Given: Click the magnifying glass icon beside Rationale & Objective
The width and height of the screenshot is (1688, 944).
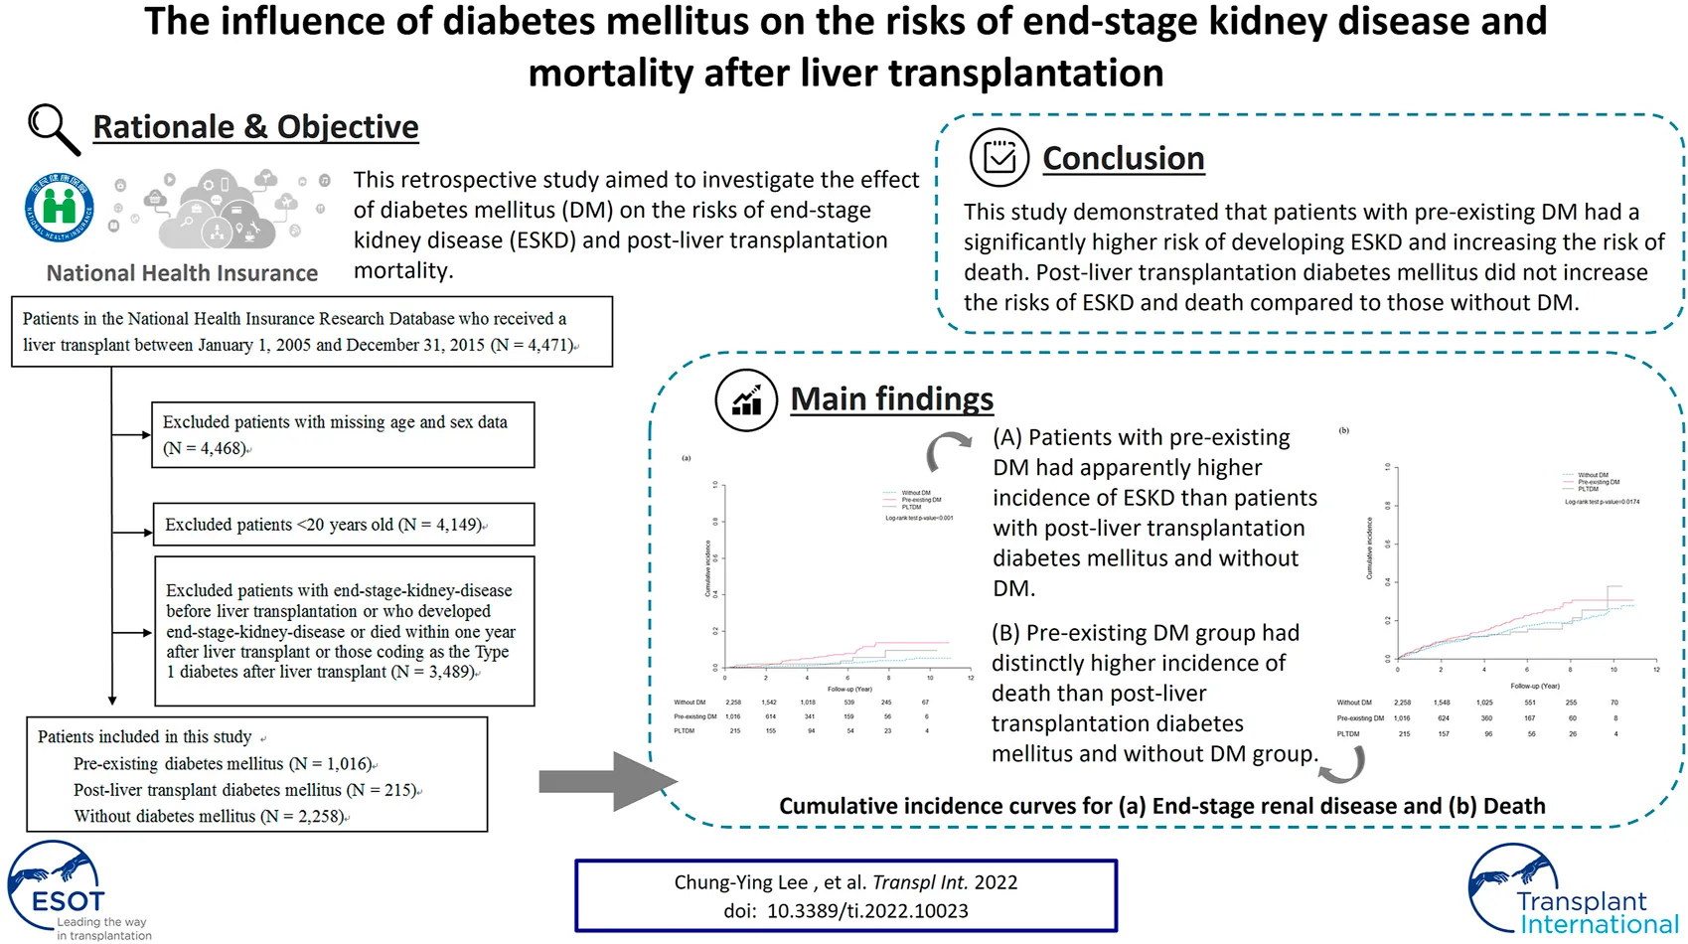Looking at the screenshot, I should pyautogui.click(x=53, y=129).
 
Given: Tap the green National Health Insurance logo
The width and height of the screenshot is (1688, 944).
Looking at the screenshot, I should pyautogui.click(x=60, y=206).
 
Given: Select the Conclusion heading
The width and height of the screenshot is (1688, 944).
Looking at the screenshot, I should pyautogui.click(x=1123, y=158).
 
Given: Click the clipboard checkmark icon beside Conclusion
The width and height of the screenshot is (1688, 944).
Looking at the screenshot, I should pyautogui.click(x=999, y=157).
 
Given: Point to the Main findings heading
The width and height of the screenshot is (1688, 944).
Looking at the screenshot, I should pyautogui.click(x=891, y=398).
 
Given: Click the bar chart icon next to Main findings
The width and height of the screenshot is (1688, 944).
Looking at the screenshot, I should pyautogui.click(x=745, y=399).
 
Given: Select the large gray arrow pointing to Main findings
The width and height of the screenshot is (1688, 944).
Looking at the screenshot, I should pyautogui.click(x=606, y=781).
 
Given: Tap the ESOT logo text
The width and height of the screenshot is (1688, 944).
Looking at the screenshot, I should pyautogui.click(x=68, y=901).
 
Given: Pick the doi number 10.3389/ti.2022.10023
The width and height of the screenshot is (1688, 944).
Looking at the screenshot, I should pyautogui.click(x=866, y=910).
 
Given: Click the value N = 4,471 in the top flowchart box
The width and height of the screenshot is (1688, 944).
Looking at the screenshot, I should pyautogui.click(x=534, y=345).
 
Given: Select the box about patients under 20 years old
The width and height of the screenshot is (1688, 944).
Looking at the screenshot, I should pyautogui.click(x=343, y=524).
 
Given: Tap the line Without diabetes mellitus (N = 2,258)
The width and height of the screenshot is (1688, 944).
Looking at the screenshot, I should pyautogui.click(x=210, y=816).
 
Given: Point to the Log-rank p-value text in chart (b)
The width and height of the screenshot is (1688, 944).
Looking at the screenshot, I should pyautogui.click(x=1602, y=502).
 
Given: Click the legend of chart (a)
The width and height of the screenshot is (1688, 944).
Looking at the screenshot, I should pyautogui.click(x=914, y=500).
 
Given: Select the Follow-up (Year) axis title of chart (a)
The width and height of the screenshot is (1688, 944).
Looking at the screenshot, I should pyautogui.click(x=849, y=689).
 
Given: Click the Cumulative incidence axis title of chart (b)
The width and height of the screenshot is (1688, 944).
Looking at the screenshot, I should pyautogui.click(x=1369, y=549).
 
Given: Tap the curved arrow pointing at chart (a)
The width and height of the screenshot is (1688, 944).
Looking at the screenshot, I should pyautogui.click(x=948, y=452).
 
